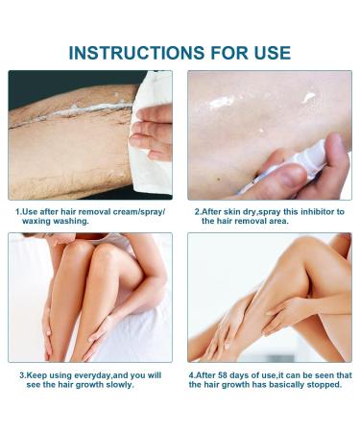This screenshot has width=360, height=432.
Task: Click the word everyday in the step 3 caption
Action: click(81, 374)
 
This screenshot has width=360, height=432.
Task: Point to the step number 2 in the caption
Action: click(197, 210)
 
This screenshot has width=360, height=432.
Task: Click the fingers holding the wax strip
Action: click(154, 134)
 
